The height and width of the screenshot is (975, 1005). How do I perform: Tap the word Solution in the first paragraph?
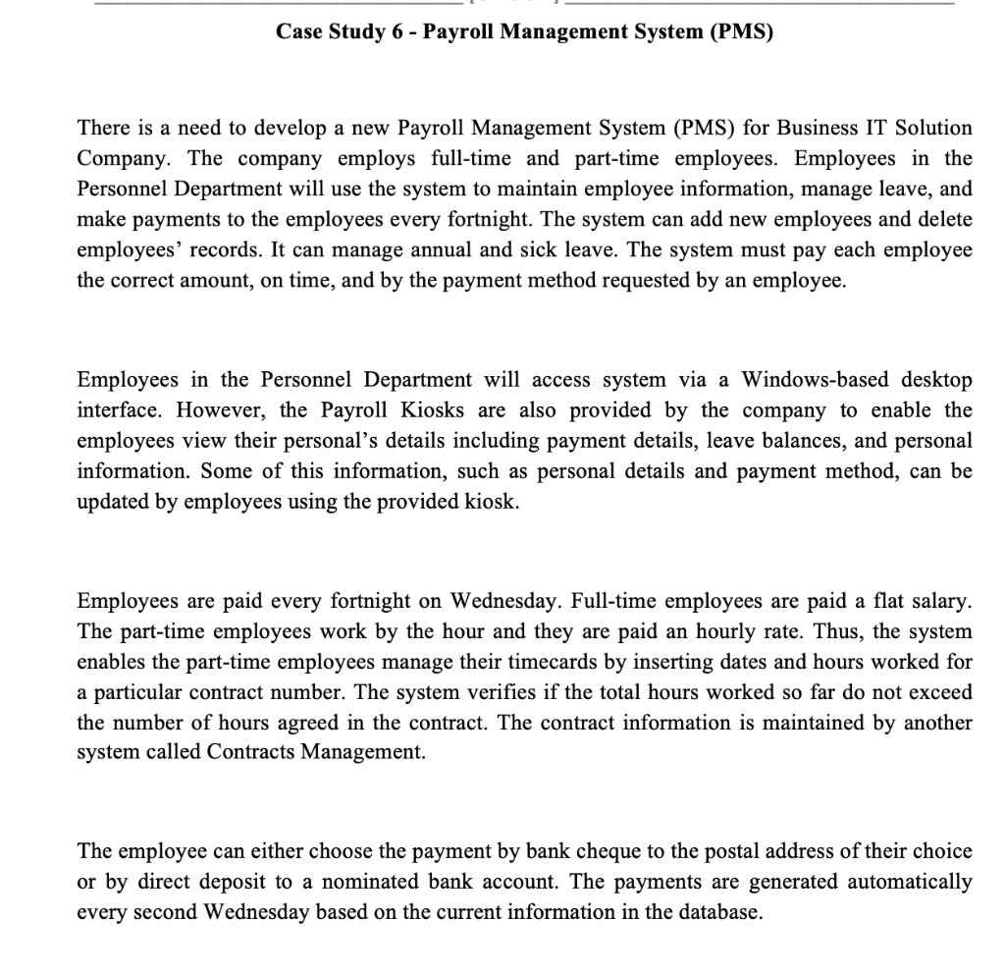click(x=932, y=128)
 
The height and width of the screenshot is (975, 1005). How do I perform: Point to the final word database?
click(x=720, y=912)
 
